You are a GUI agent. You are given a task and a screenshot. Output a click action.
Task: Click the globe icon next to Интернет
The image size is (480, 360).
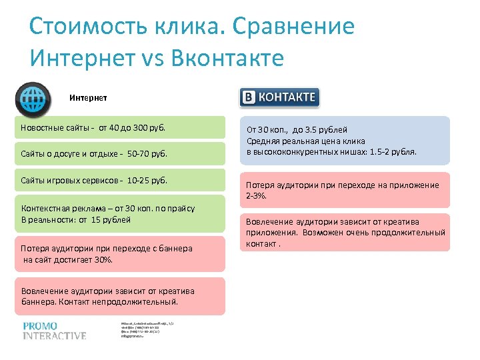pyautogui.click(x=30, y=98)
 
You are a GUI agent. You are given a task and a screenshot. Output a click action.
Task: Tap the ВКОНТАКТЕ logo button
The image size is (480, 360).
pyautogui.click(x=279, y=97)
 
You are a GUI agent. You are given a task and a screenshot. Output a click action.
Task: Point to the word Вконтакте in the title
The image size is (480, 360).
pyautogui.click(x=228, y=57)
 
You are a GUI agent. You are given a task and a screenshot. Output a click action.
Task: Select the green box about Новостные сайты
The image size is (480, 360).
pyautogui.click(x=120, y=127)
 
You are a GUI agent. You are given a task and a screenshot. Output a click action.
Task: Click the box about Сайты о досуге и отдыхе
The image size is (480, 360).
pyautogui.click(x=120, y=154)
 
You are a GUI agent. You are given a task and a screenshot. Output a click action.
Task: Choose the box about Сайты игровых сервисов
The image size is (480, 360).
pyautogui.click(x=120, y=181)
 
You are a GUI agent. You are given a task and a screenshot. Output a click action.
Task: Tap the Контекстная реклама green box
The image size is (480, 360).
pyautogui.click(x=120, y=214)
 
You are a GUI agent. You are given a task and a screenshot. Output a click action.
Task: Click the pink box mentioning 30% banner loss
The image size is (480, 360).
pyautogui.click(x=120, y=254)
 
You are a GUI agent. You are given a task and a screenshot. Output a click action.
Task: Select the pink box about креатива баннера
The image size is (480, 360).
pyautogui.click(x=120, y=296)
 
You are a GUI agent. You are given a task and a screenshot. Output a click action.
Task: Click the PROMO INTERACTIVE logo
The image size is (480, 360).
pyautogui.click(x=54, y=331)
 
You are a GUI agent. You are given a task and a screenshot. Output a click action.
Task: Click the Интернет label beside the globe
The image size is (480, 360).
pyautogui.click(x=88, y=97)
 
